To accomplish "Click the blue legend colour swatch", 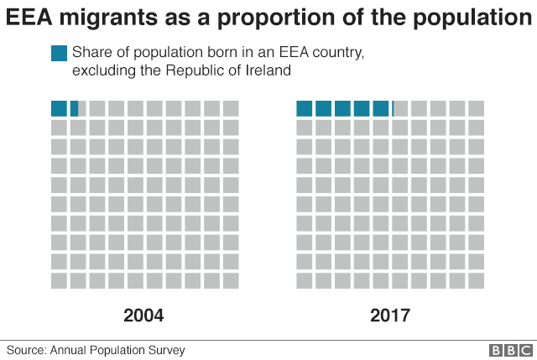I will pos(59,54).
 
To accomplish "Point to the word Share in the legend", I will pos(91,54).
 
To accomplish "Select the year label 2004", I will pos(143,316).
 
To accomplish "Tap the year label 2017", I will pos(389,316).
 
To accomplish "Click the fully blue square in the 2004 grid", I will pos(59,108).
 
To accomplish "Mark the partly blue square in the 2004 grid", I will pos(77,108).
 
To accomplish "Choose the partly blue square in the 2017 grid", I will pos(400,108).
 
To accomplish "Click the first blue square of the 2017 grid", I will pos(304,108).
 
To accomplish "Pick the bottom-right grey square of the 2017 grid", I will pos(477,280).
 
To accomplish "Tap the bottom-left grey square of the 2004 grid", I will pos(59,280).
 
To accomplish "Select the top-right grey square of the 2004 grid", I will pos(231,108).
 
